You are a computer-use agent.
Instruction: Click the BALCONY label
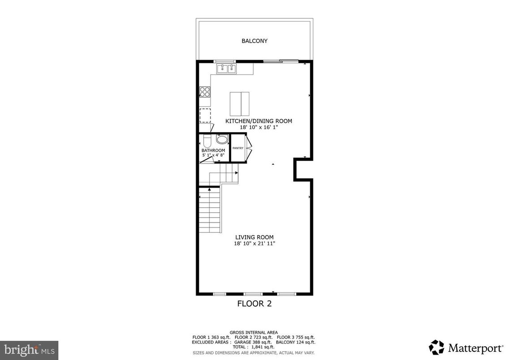click(254, 41)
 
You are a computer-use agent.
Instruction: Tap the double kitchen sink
click(227, 69)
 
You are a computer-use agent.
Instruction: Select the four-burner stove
click(205, 92)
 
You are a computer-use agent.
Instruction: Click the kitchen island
click(240, 103)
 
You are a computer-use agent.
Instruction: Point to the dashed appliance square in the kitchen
click(205, 115)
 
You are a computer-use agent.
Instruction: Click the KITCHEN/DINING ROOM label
click(259, 121)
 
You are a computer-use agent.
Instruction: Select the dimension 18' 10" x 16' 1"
click(259, 127)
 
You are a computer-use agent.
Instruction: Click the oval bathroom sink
click(222, 139)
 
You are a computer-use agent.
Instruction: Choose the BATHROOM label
click(213, 150)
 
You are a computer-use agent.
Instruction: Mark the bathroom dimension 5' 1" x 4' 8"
click(213, 155)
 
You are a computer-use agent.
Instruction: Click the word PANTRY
click(238, 148)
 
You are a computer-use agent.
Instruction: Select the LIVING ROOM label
click(254, 237)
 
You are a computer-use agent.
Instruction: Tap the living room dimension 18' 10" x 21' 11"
click(254, 244)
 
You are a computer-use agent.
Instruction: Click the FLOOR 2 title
click(254, 304)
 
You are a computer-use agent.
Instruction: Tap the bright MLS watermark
click(29, 350)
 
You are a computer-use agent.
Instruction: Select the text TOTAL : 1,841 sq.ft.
click(253, 347)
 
